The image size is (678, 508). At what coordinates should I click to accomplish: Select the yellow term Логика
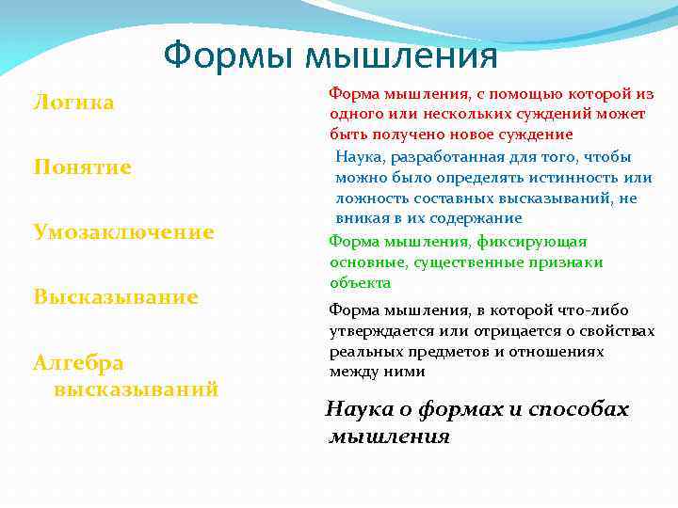tap(73, 102)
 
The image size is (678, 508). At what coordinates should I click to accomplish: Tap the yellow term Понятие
tap(82, 167)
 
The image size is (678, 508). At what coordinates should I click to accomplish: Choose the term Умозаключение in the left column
tap(123, 231)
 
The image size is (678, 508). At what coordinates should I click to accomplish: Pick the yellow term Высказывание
tap(116, 296)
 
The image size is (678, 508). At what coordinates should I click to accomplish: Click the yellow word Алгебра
tap(78, 362)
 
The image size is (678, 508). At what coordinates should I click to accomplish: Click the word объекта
tap(360, 282)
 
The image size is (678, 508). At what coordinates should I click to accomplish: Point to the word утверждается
tap(373, 330)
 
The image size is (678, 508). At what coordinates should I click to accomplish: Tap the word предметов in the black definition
tap(441, 351)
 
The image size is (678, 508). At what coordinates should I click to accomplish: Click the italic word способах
tap(578, 410)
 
